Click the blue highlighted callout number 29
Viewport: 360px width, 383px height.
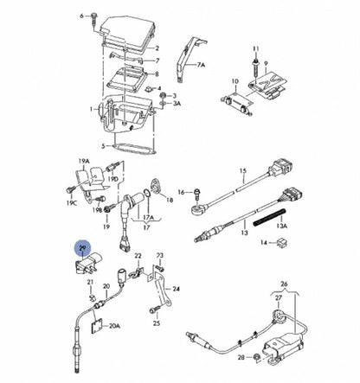point(82,249)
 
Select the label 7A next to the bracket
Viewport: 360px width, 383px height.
point(202,65)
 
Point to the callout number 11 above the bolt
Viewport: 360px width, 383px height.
point(254,49)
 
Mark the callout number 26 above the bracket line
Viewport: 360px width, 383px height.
point(282,284)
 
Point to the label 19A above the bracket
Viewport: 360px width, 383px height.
point(83,162)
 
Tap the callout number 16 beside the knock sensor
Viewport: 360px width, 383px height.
point(181,193)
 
